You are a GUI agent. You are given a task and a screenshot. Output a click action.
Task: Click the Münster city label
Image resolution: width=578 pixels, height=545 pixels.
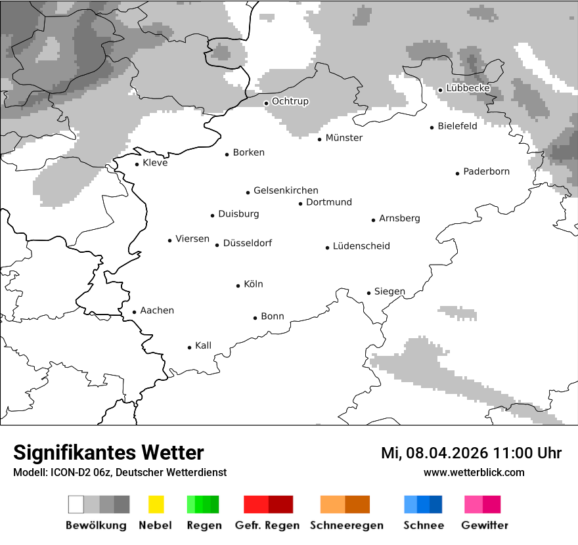pyautogui.click(x=344, y=138)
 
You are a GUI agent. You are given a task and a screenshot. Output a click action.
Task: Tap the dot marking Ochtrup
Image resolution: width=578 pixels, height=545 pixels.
pyautogui.click(x=266, y=103)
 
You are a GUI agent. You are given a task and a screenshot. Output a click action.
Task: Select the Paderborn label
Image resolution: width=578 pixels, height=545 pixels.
pyautogui.click(x=486, y=171)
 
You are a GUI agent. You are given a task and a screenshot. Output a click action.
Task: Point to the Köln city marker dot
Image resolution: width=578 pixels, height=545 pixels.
pyautogui.click(x=238, y=286)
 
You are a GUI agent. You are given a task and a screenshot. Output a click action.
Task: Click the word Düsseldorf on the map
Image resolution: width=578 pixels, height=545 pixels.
pyautogui.click(x=247, y=243)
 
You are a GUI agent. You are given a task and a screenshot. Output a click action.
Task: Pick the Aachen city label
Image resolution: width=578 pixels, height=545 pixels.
pyautogui.click(x=157, y=311)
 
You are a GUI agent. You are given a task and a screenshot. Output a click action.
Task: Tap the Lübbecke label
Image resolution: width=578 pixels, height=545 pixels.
pyautogui.click(x=468, y=88)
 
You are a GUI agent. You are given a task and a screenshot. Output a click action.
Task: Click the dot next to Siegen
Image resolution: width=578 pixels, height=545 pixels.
pyautogui.click(x=369, y=293)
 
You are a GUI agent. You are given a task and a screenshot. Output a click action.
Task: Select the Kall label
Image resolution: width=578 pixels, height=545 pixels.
pyautogui.click(x=203, y=345)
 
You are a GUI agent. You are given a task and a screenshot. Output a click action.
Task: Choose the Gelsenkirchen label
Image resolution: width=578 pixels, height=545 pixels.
pyautogui.click(x=286, y=190)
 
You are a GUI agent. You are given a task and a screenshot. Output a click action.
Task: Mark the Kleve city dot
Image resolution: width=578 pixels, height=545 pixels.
pyautogui.click(x=137, y=164)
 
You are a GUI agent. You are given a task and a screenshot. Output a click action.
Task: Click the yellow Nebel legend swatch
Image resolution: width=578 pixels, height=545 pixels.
pyautogui.click(x=156, y=504)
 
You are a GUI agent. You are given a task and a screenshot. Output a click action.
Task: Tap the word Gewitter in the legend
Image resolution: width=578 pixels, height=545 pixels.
pyautogui.click(x=485, y=525)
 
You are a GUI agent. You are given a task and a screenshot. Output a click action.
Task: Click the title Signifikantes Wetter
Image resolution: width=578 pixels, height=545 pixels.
pyautogui.click(x=108, y=452)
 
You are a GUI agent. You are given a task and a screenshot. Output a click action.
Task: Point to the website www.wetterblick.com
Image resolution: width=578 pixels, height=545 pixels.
pyautogui.click(x=474, y=472)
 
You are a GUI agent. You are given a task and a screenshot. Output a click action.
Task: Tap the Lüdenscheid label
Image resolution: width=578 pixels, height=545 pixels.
pyautogui.click(x=361, y=246)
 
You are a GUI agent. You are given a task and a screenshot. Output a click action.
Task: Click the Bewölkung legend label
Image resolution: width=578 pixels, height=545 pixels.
pyautogui.click(x=96, y=525)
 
